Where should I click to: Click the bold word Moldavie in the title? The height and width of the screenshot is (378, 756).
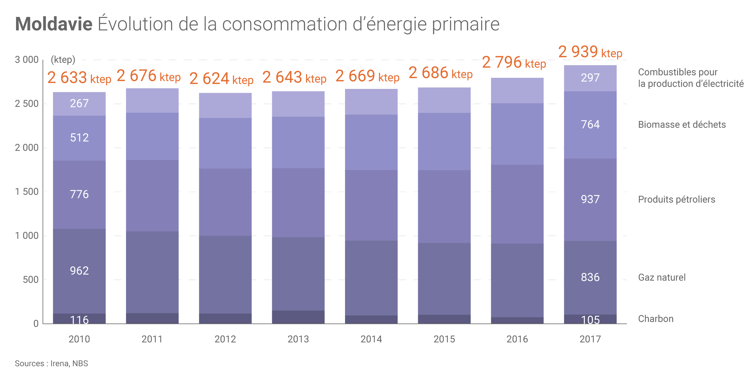coord(54,24)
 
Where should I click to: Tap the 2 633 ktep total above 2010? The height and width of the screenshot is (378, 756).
coord(79,78)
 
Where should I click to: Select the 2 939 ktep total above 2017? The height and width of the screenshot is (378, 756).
coord(590,52)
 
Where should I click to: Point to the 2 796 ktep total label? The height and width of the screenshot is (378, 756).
coord(514,62)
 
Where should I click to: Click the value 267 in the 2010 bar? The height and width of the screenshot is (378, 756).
coord(79,103)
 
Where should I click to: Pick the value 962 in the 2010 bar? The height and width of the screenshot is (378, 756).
coord(79,271)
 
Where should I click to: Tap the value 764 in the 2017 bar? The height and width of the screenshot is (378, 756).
coord(590,124)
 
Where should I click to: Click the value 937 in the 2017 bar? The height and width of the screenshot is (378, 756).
coord(590,199)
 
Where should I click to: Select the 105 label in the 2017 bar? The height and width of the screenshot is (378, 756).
coord(590,320)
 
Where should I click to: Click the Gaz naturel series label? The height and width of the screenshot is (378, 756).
coord(662,277)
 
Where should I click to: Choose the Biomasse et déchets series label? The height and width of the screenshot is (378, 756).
coord(682,125)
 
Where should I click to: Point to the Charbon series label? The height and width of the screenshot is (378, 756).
coord(656,319)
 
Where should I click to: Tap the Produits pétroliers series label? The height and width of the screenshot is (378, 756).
coord(676,199)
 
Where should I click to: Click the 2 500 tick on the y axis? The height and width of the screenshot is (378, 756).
coord(27,104)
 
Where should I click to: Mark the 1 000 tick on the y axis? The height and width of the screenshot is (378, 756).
coord(27,236)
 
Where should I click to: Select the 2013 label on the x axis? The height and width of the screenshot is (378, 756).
coord(298,339)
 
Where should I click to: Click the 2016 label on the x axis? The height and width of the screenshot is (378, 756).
coord(517,339)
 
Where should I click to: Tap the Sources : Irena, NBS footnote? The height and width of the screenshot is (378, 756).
coord(51,363)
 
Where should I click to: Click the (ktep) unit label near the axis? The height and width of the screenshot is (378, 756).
coord(63,60)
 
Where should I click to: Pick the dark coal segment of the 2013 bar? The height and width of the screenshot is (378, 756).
coord(298,317)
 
